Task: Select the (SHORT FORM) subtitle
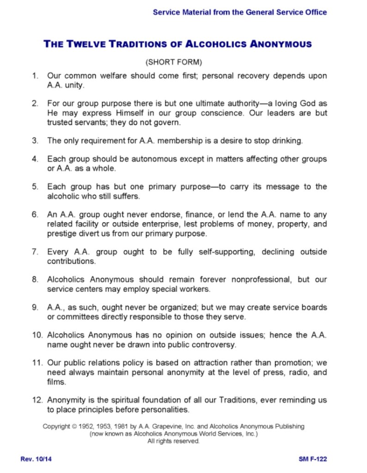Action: tap(174, 61)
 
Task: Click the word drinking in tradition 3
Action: tap(287, 140)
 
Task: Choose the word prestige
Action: tap(62, 234)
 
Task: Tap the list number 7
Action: tap(35, 252)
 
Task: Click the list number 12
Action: tap(37, 401)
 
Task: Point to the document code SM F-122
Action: tap(313, 459)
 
